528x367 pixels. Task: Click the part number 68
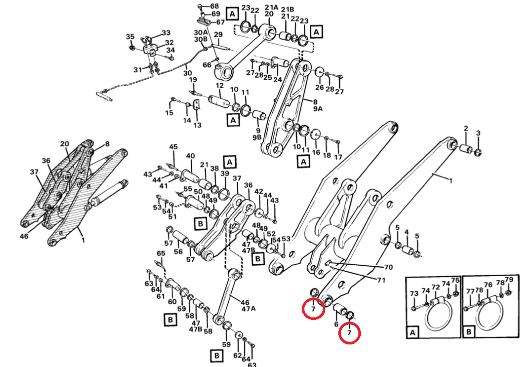[215, 6]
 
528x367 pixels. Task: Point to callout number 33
[166, 33]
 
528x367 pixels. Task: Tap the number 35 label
[130, 37]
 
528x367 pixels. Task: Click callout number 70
[388, 267]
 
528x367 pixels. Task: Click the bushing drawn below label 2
[465, 149]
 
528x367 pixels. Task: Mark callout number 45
[173, 147]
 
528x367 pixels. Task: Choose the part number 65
[161, 254]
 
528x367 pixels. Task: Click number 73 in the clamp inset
[414, 293]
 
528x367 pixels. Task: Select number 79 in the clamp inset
[509, 279]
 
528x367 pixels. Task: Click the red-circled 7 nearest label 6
[349, 332]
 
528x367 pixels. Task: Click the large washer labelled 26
[319, 72]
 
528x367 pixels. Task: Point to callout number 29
[218, 34]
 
